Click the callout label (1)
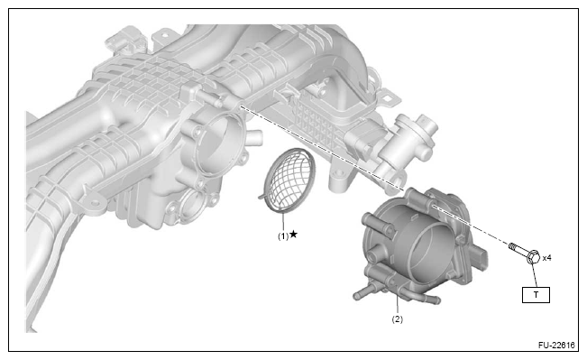[x=283, y=236]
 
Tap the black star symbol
[x=294, y=235]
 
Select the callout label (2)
[x=398, y=319]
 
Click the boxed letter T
[x=537, y=295]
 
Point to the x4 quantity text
[x=547, y=258]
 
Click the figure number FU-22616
[x=556, y=345]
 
